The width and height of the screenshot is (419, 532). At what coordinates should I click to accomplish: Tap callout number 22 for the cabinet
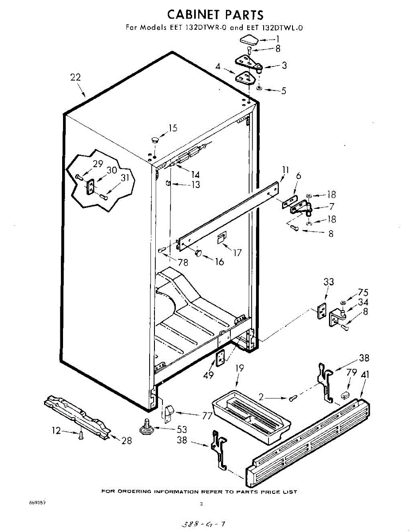(x=75, y=77)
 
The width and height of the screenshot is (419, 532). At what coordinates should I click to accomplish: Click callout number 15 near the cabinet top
(x=173, y=128)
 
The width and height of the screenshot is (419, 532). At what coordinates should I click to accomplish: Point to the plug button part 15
(x=154, y=140)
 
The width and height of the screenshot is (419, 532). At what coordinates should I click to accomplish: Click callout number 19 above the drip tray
(x=240, y=368)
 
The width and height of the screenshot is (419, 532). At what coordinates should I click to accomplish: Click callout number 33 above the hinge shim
(x=329, y=282)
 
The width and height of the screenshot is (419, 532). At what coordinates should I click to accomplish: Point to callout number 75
(x=363, y=292)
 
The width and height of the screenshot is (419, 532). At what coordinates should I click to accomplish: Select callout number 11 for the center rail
(x=285, y=169)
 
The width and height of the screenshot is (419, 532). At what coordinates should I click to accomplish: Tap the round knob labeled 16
(x=198, y=253)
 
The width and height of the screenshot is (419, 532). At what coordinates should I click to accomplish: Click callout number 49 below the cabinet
(x=208, y=375)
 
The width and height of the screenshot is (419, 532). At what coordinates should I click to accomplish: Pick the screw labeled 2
(x=293, y=398)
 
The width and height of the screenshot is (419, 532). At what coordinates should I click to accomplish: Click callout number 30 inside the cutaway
(x=111, y=170)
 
